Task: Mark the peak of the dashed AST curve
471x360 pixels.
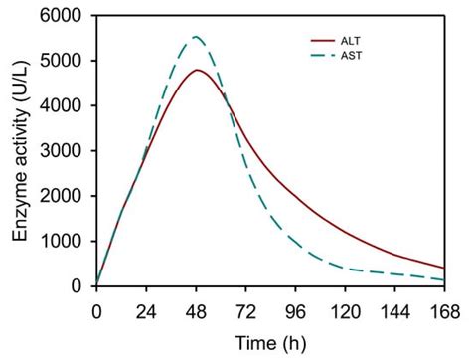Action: tap(196, 37)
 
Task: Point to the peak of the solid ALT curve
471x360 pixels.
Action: tap(198, 70)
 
